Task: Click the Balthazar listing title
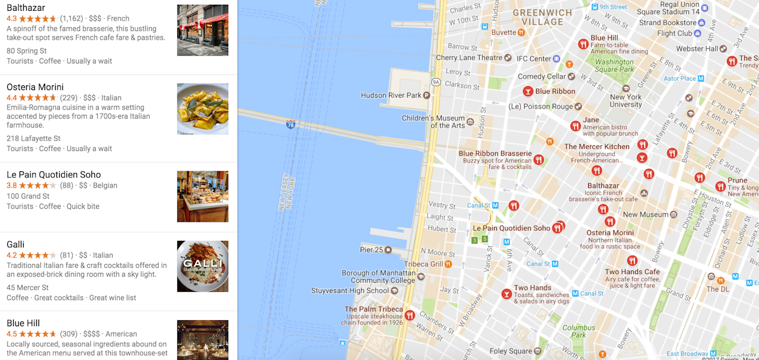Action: [25, 8]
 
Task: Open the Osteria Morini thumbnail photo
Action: [202, 109]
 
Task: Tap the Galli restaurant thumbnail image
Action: [202, 266]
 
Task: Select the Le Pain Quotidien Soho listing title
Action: [53, 174]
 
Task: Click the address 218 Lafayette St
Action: [33, 138]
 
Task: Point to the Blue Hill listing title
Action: [23, 323]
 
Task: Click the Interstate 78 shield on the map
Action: [291, 125]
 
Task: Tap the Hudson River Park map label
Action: [391, 95]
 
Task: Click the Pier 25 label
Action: [371, 250]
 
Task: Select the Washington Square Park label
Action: [614, 65]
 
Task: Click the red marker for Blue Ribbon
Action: [528, 91]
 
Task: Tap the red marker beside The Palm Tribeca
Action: [409, 310]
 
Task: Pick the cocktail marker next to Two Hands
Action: [506, 294]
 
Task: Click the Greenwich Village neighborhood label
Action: [542, 17]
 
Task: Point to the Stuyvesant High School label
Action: [350, 291]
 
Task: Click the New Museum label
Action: [645, 215]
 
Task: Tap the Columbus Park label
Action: [579, 331]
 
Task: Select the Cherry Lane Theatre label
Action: [469, 58]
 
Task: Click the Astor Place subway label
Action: [680, 78]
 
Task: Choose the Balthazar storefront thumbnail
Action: [202, 30]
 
